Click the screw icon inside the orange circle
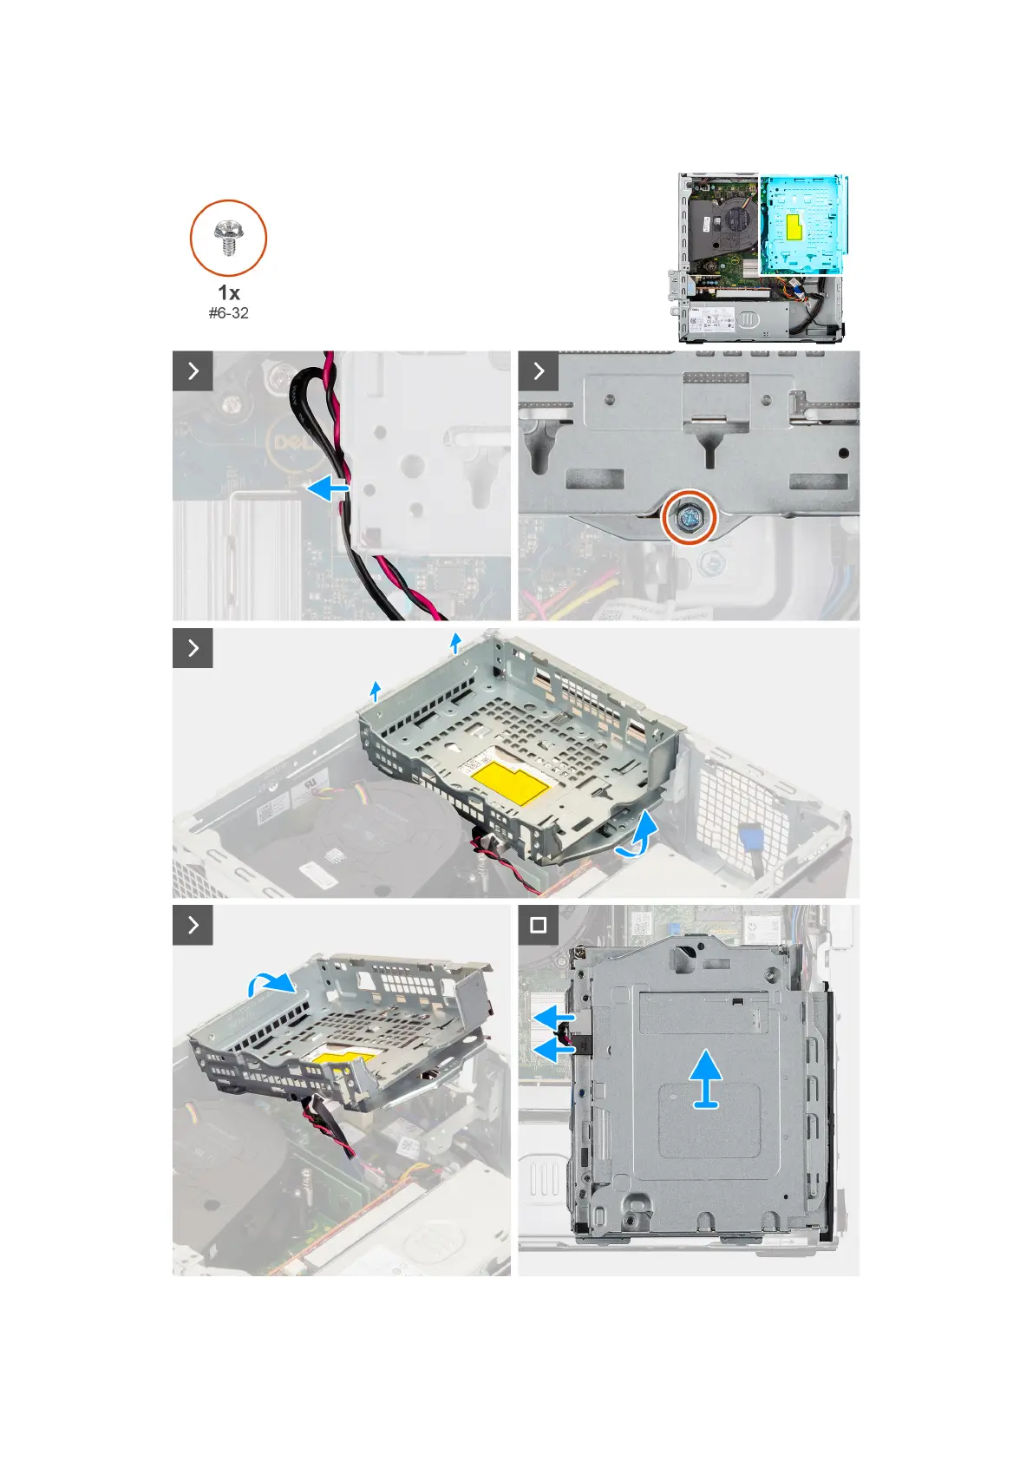click(x=228, y=237)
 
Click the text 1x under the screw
click(x=228, y=292)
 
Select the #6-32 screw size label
click(x=228, y=313)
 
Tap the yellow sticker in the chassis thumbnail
click(x=794, y=227)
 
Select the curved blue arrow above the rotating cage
click(x=271, y=983)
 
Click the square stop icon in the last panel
click(x=538, y=925)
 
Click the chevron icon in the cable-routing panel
click(x=193, y=371)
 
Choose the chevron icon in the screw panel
click(x=539, y=371)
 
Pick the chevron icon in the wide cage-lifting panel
click(x=193, y=648)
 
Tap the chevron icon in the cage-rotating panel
click(x=193, y=925)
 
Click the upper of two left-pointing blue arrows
click(x=552, y=1015)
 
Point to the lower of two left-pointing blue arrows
click(x=552, y=1051)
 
